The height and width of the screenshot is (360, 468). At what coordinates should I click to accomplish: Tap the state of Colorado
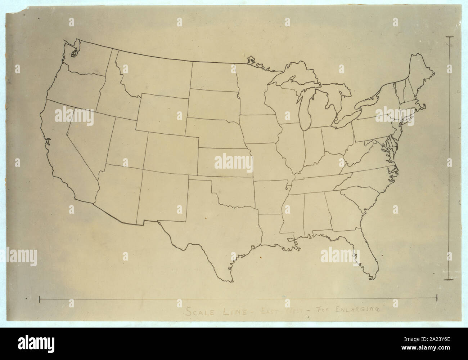point(171,154)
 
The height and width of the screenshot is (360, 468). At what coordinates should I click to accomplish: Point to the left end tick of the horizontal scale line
point(39,298)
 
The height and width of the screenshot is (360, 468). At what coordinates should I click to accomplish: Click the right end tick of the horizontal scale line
point(437,297)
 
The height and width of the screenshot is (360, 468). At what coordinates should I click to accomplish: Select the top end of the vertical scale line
point(450,37)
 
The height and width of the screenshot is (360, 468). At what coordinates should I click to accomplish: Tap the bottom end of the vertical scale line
point(450,279)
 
